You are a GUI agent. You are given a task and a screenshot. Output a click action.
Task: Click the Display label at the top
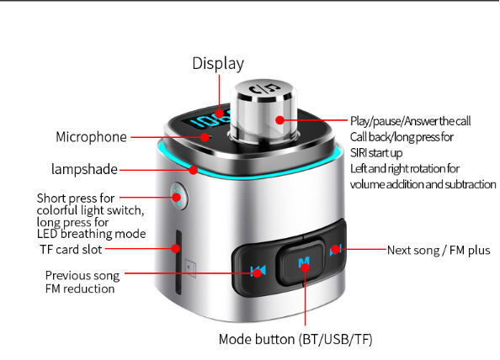pos(218,63)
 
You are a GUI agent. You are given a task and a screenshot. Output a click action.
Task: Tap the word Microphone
pos(91,137)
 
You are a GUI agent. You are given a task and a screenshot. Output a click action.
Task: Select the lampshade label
pos(84,170)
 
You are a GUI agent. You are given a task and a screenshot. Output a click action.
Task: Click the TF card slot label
pos(71,250)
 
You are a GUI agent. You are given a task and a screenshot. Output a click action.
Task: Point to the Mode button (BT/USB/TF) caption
pos(295,339)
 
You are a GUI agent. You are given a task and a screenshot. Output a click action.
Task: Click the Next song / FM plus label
pos(439,251)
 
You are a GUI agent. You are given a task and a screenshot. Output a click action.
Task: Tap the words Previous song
pos(82,276)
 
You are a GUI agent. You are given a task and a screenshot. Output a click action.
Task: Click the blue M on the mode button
pos(304,262)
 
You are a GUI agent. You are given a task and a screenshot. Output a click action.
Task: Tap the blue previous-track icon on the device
pos(258,271)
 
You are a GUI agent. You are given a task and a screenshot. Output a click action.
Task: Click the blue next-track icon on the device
pos(336,250)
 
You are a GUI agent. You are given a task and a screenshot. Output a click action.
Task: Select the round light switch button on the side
pos(178,196)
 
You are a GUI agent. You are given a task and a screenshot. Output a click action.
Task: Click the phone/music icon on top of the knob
pos(264,89)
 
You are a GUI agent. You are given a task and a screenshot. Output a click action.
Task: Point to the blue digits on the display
pos(211,119)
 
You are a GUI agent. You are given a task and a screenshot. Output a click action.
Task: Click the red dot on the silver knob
pos(280,119)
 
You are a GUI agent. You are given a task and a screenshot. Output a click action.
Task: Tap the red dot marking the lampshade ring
pos(194,170)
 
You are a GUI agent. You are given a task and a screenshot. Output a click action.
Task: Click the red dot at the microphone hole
pos(205,137)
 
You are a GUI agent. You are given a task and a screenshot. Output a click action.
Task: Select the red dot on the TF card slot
pos(176,249)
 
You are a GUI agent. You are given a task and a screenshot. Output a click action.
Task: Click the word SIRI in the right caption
pos(359,153)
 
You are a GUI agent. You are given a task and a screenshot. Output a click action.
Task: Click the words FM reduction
pos(80,289)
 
